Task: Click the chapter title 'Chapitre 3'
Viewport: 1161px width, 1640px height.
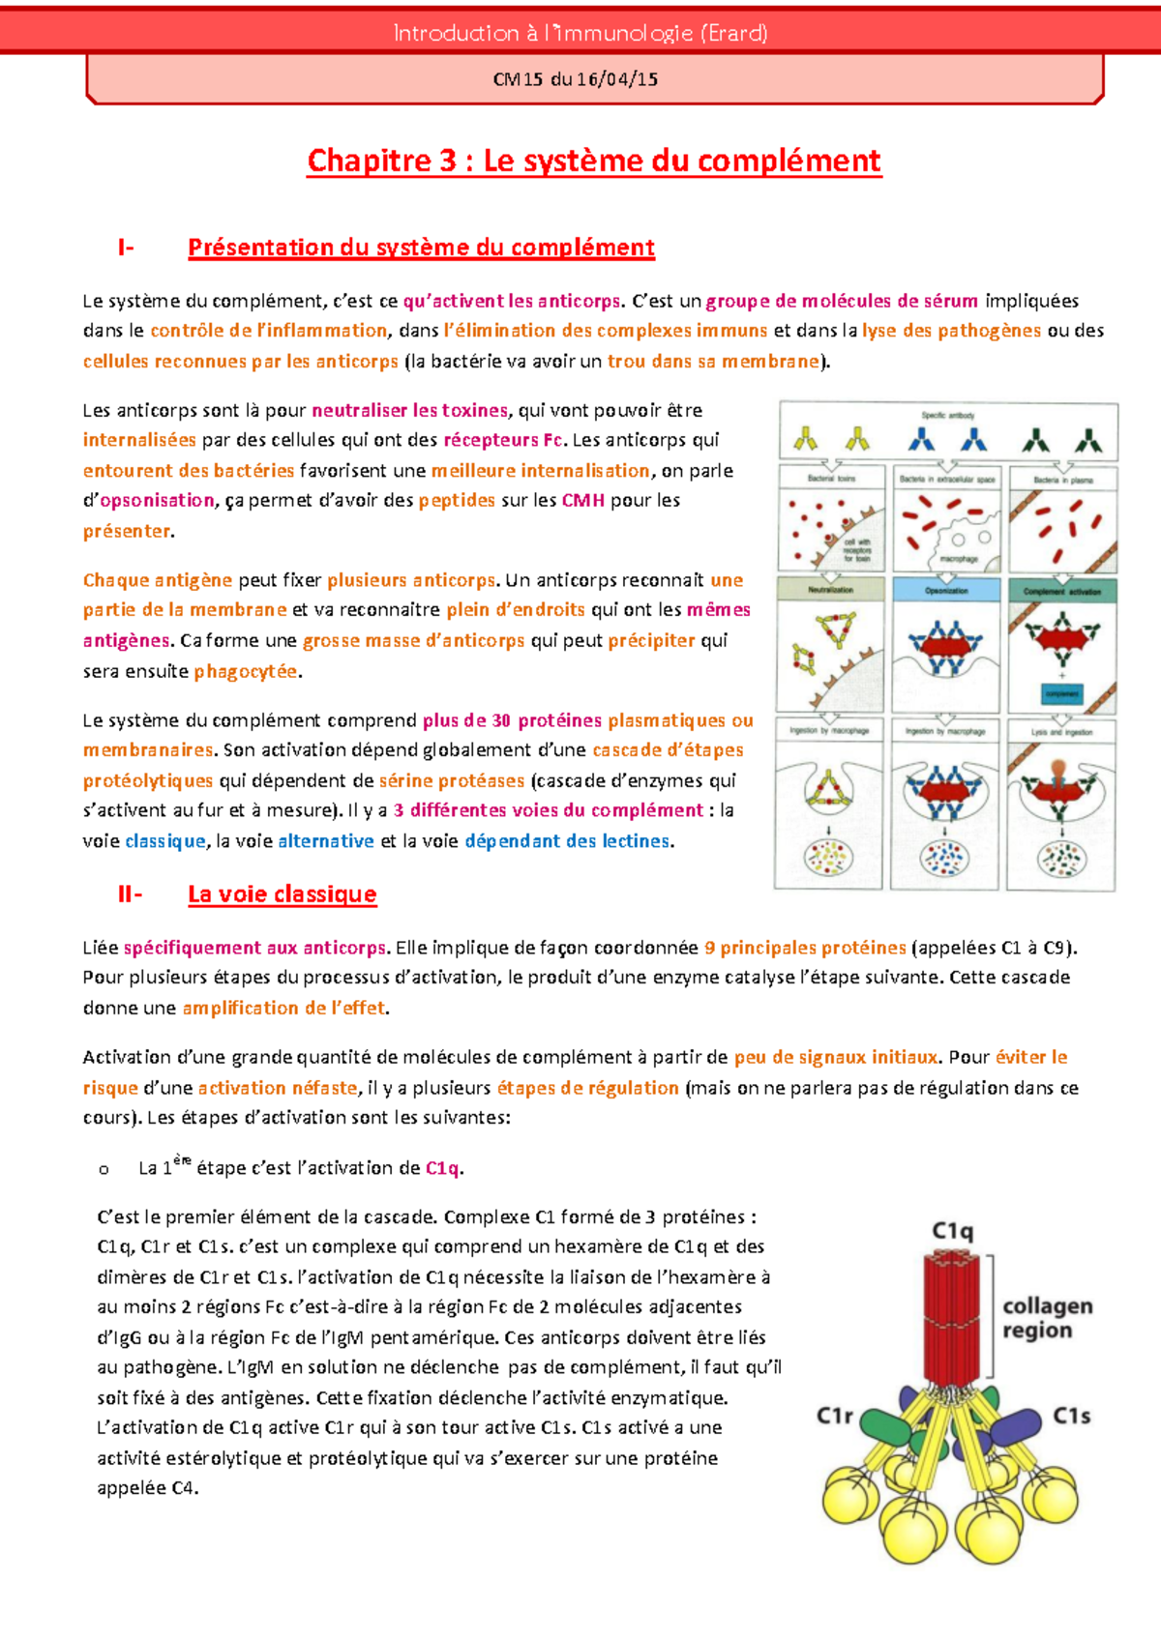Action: point(381,161)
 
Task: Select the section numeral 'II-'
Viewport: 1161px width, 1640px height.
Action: point(130,894)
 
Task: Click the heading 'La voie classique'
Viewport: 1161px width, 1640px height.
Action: point(282,894)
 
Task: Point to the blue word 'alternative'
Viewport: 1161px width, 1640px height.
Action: point(325,841)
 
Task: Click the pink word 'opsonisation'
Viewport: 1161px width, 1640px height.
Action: point(157,500)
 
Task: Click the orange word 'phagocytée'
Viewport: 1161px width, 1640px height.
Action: point(246,671)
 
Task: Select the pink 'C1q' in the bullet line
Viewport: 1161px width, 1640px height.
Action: point(442,1168)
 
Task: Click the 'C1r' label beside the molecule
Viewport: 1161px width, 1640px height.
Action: point(834,1416)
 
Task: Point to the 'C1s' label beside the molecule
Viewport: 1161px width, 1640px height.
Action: point(1071,1416)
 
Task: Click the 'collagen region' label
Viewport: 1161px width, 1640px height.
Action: point(1047,1318)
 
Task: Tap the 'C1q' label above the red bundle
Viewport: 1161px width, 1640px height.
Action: point(952,1231)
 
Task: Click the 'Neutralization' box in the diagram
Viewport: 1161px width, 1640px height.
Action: point(830,589)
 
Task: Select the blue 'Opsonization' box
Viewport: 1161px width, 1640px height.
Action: point(946,589)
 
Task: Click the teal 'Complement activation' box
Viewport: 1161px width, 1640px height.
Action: point(1062,590)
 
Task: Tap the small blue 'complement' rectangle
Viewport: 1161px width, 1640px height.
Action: point(1061,693)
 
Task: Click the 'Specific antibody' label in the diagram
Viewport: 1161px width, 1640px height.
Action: point(948,415)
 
